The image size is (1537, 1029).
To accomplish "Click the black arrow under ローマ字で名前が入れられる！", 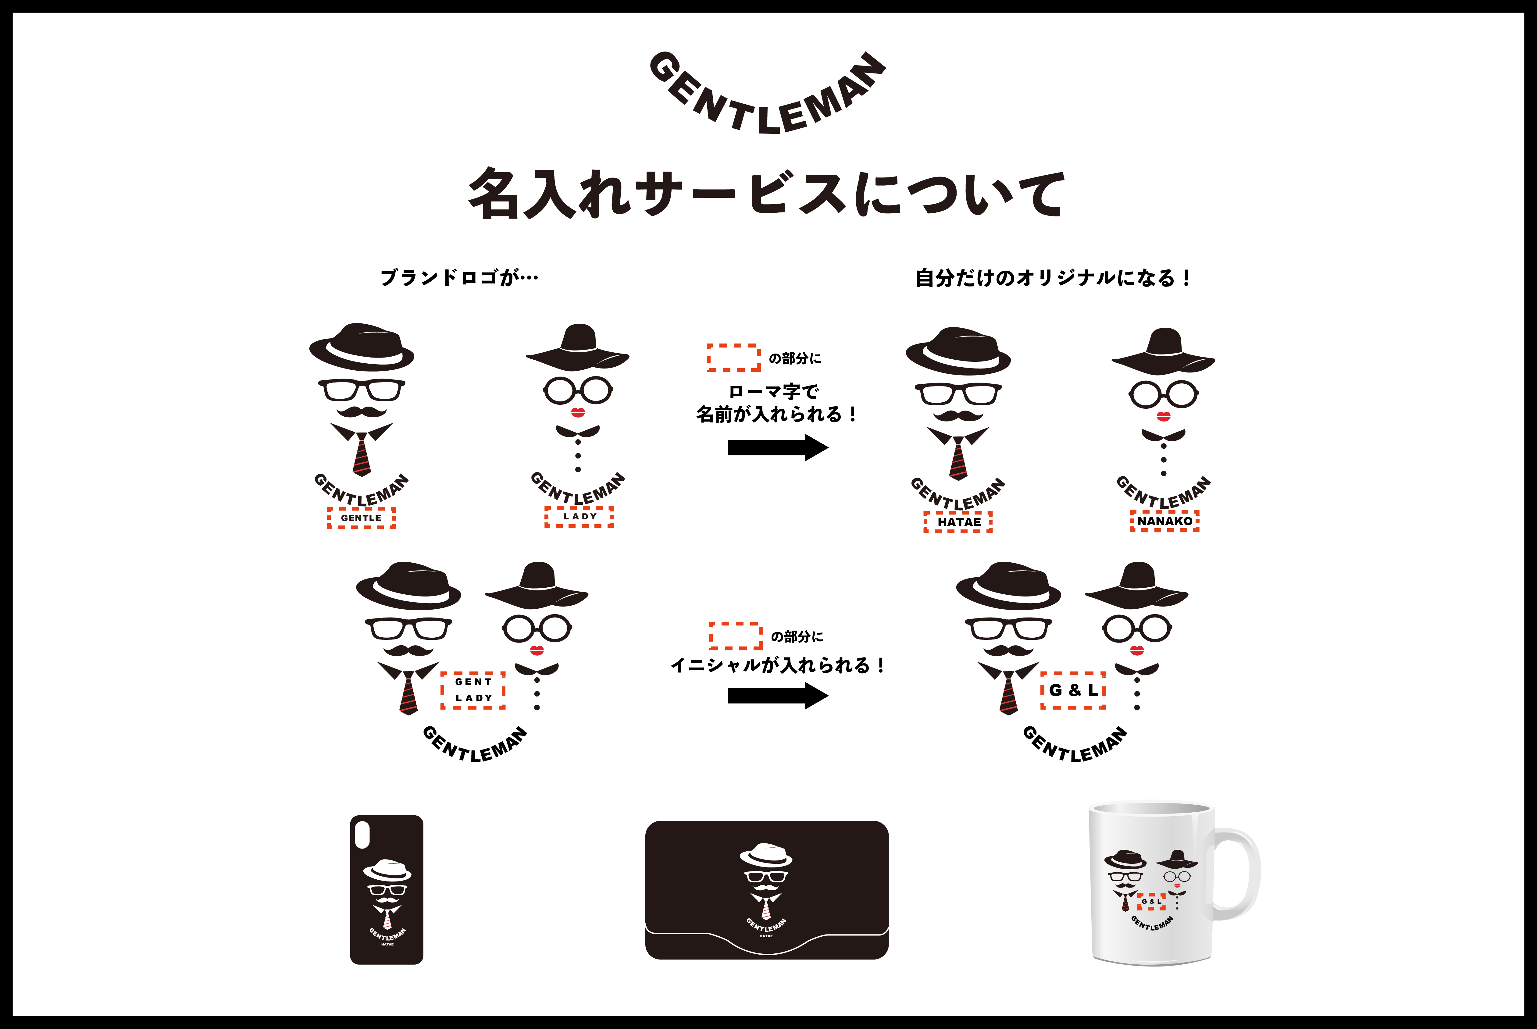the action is pyautogui.click(x=778, y=447).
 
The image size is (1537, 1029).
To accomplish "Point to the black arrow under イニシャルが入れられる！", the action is pyautogui.click(x=778, y=696).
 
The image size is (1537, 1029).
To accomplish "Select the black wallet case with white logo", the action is pyautogui.click(x=767, y=890).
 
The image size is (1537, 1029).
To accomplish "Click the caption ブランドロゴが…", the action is pyautogui.click(x=459, y=278).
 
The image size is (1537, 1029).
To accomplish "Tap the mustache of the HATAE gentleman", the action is pyautogui.click(x=958, y=415).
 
